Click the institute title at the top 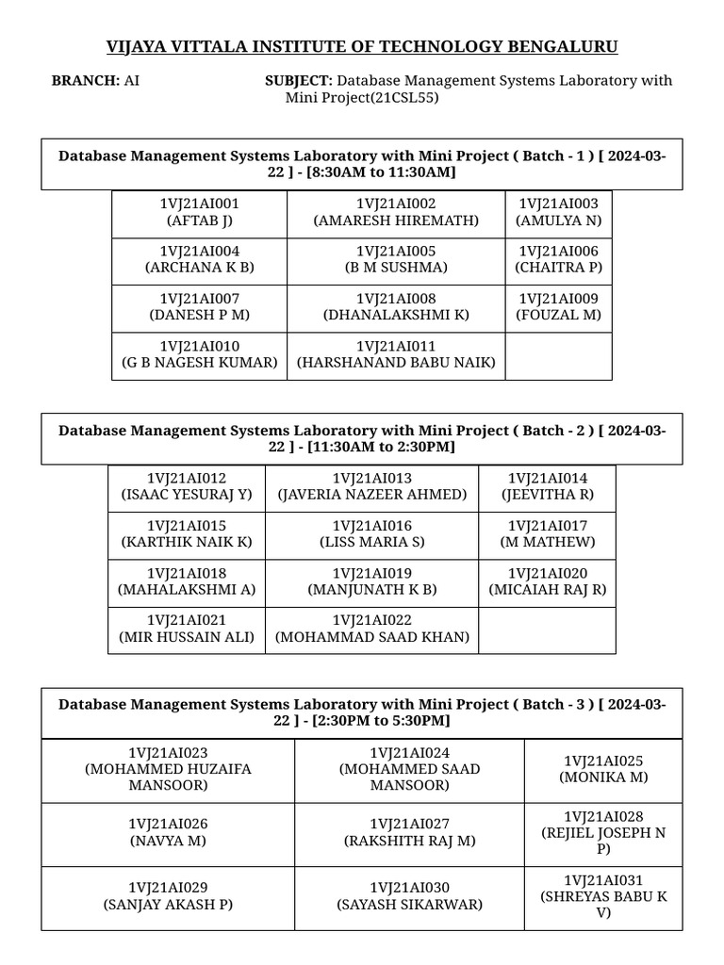[x=362, y=47]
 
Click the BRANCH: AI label [x=95, y=80]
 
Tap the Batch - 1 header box [x=362, y=164]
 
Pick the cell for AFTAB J [x=199, y=213]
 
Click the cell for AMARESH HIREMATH [x=396, y=213]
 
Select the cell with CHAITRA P [x=558, y=260]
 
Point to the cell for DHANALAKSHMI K [x=396, y=307]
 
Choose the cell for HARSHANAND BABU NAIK [x=396, y=355]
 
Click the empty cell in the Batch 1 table [x=558, y=355]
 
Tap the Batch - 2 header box [x=362, y=438]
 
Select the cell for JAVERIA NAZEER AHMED [x=371, y=487]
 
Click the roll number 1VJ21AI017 [x=547, y=526]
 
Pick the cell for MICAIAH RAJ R [x=547, y=581]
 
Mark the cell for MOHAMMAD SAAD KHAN [x=371, y=629]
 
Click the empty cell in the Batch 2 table [x=547, y=629]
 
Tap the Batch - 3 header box [x=362, y=712]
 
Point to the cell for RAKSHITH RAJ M [x=410, y=833]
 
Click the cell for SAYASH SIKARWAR [x=410, y=896]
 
